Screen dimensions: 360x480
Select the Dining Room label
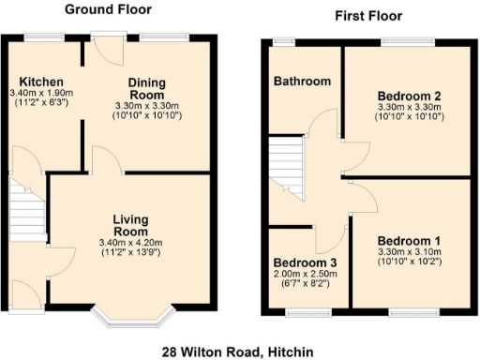147,89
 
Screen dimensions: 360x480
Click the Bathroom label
302,82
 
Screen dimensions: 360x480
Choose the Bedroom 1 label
409,242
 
